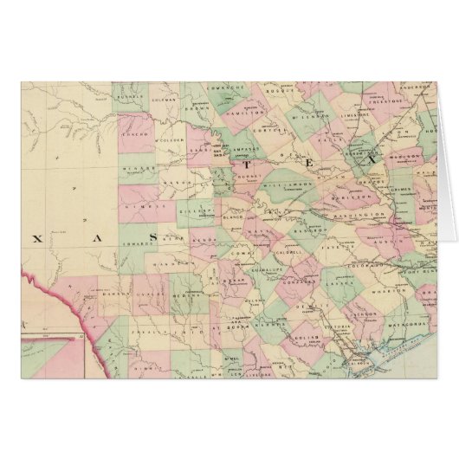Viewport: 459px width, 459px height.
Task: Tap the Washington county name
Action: click(364, 213)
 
